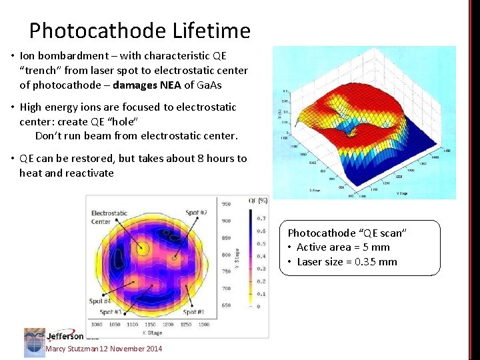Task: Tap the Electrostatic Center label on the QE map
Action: [x=109, y=217]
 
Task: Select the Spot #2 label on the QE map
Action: [x=196, y=213]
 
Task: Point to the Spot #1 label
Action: [x=194, y=312]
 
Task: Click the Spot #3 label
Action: [x=110, y=312]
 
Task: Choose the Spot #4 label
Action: [x=101, y=302]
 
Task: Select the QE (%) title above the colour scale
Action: [x=257, y=200]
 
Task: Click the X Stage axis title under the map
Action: [x=153, y=331]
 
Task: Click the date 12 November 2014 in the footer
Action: [x=131, y=349]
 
